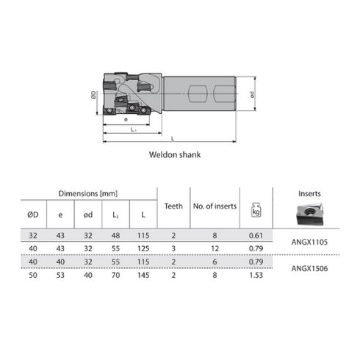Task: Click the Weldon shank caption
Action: pyautogui.click(x=175, y=155)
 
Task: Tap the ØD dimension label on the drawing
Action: pyautogui.click(x=93, y=95)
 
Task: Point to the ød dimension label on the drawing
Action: pyautogui.click(x=252, y=95)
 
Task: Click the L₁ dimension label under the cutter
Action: pyautogui.click(x=134, y=129)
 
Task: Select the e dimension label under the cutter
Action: pyautogui.click(x=126, y=120)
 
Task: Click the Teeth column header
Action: pyautogui.click(x=173, y=206)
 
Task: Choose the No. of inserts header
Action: pyautogui.click(x=215, y=206)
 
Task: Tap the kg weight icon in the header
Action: pyautogui.click(x=256, y=210)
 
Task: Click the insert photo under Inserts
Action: pyautogui.click(x=309, y=215)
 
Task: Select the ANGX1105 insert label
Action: pyautogui.click(x=309, y=242)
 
